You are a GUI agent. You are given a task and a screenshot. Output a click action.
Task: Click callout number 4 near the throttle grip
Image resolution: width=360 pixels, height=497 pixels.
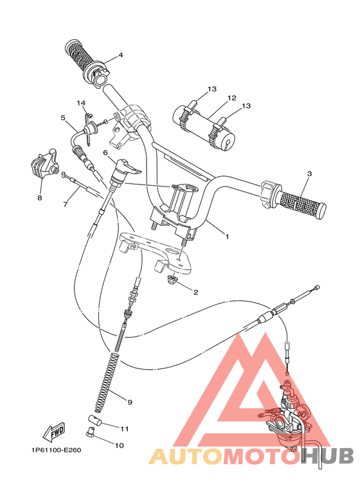point(120,55)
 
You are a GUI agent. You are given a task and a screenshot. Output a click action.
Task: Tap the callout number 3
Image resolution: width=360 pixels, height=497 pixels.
point(309,174)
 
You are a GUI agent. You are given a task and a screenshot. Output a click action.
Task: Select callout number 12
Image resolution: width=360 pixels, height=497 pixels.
point(231,98)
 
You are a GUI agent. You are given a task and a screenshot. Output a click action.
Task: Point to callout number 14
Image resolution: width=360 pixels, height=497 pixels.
point(81,103)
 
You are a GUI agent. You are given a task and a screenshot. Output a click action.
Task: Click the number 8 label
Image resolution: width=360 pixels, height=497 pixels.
point(39,198)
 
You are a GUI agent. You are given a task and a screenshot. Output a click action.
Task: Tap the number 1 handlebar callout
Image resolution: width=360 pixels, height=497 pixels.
point(226,236)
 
